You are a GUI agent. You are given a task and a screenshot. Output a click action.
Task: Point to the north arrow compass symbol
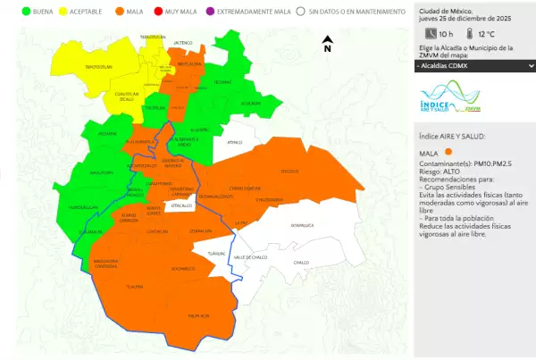[x=327, y=42]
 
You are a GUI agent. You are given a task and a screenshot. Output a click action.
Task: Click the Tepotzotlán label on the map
[x=97, y=67]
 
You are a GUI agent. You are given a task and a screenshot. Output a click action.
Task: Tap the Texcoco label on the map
[x=289, y=171]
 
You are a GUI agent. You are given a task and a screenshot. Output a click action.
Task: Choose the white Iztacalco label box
[x=182, y=205]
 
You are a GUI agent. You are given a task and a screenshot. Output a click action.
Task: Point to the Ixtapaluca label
[x=303, y=225]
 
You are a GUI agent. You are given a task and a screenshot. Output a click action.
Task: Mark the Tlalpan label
[x=135, y=287]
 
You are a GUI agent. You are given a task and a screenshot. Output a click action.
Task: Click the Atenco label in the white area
[x=235, y=142]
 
